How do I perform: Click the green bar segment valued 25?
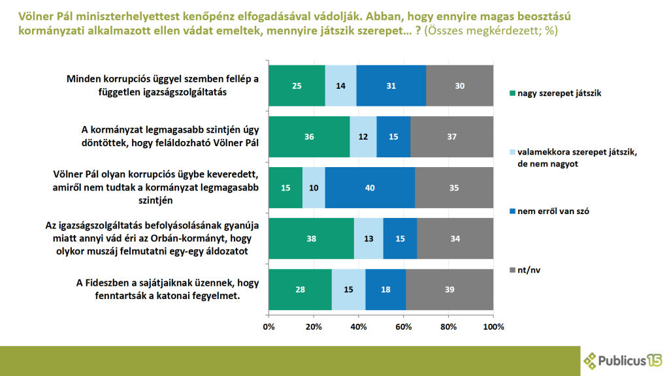(297, 86)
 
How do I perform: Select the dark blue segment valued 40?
(370, 187)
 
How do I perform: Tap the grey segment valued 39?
(449, 289)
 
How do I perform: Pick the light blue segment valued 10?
(314, 187)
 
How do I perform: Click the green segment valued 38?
(311, 238)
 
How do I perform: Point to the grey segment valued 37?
(451, 136)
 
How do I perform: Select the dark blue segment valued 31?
(391, 86)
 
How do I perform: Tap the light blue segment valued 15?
(349, 289)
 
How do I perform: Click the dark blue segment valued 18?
(385, 289)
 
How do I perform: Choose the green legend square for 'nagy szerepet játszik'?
(513, 93)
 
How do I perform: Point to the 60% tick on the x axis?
(403, 326)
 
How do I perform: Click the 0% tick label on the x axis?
(269, 326)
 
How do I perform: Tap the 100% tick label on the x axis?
(493, 326)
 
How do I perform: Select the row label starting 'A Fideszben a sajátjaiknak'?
(167, 289)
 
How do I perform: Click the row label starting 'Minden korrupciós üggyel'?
(163, 86)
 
